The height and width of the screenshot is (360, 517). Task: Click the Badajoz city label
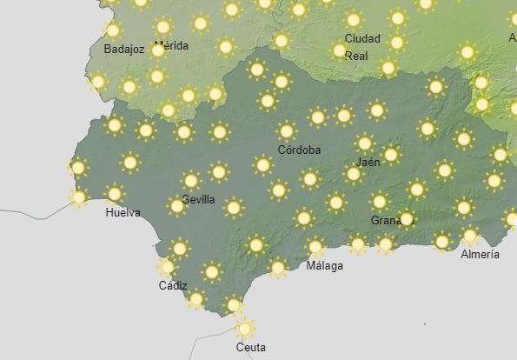tap(123, 50)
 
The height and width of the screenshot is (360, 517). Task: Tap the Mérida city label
tap(171, 45)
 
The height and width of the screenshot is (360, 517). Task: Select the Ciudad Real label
tap(362, 47)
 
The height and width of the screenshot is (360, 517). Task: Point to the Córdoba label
tap(299, 150)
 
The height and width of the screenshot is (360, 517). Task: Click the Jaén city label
tap(368, 162)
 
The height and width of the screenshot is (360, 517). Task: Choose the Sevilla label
tap(198, 199)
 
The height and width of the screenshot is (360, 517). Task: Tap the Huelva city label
tap(122, 213)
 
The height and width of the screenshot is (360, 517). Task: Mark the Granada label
tap(388, 220)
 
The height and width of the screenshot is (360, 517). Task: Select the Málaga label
tap(324, 265)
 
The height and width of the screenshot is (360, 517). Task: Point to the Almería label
tap(481, 255)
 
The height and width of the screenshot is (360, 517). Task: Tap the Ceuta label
tap(251, 347)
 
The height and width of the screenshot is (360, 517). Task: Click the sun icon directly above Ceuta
tap(245, 328)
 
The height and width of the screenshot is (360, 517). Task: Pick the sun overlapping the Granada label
tap(406, 218)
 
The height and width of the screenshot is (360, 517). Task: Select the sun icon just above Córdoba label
tap(287, 131)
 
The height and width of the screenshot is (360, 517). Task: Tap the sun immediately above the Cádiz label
tap(168, 267)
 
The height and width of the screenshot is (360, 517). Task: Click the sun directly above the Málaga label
tap(315, 246)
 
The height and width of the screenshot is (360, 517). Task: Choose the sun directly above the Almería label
tap(470, 235)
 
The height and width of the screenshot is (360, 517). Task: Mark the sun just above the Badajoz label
tap(112, 30)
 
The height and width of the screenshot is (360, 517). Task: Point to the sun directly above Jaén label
tap(365, 143)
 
